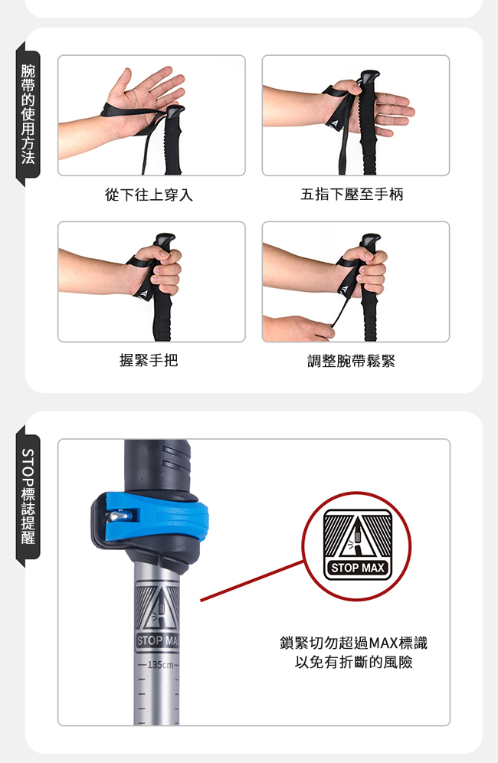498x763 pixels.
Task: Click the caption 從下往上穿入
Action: pyautogui.click(x=149, y=195)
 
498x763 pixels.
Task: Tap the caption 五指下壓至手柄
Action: pyautogui.click(x=352, y=194)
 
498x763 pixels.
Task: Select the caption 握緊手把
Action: pyautogui.click(x=149, y=360)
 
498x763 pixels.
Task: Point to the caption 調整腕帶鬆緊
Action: pyautogui.click(x=352, y=361)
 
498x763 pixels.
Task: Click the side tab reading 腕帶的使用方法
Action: pyautogui.click(x=28, y=114)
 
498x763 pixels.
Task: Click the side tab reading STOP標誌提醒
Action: pyautogui.click(x=28, y=496)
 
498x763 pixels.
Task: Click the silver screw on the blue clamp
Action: pyautogui.click(x=118, y=516)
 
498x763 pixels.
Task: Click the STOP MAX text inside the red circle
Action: pyautogui.click(x=358, y=568)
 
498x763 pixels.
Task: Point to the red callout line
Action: pyautogui.click(x=251, y=581)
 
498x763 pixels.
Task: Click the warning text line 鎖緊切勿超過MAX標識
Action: pyautogui.click(x=354, y=643)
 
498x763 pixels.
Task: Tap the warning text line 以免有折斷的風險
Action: pyautogui.click(x=354, y=662)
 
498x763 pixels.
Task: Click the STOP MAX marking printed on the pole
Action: pyautogui.click(x=158, y=640)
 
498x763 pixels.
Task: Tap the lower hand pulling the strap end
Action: pyautogui.click(x=298, y=328)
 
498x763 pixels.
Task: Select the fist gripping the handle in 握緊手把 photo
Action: pyautogui.click(x=159, y=270)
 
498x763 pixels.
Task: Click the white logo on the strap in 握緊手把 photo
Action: pyautogui.click(x=143, y=294)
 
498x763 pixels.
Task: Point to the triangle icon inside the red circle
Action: pyautogui.click(x=358, y=537)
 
